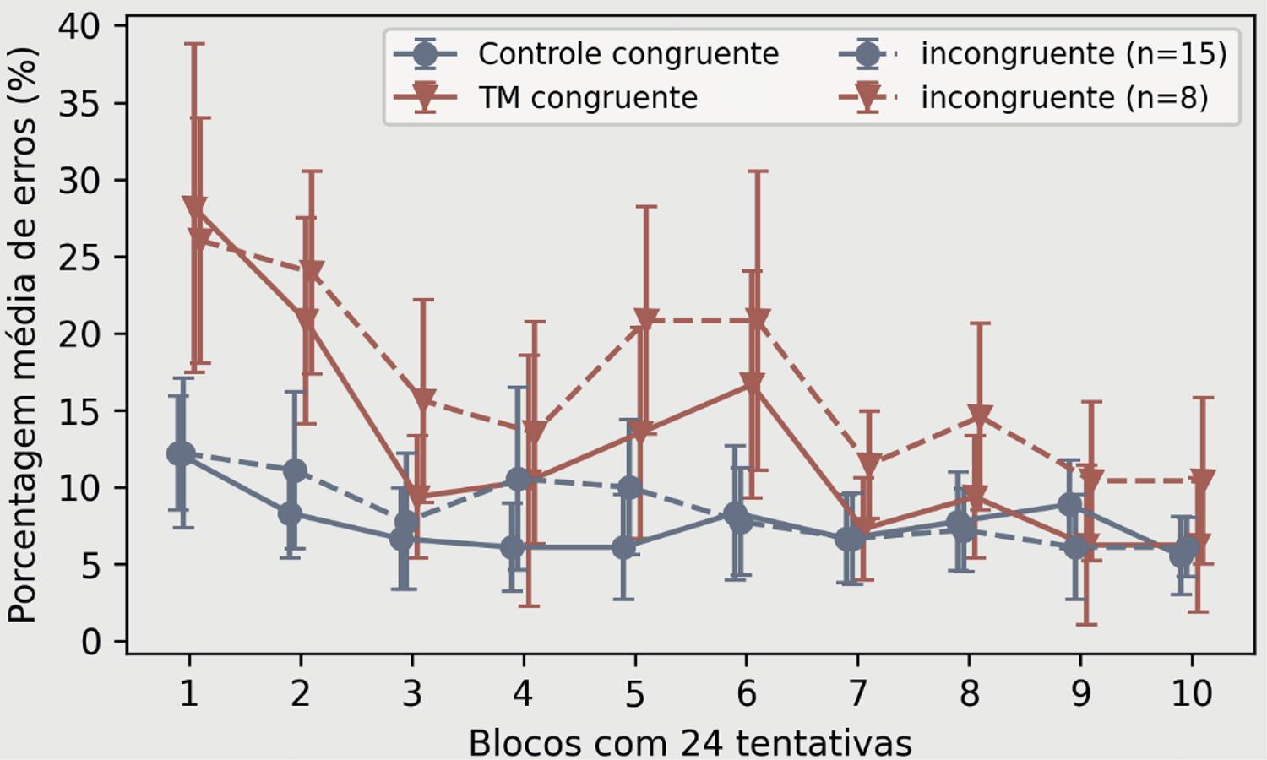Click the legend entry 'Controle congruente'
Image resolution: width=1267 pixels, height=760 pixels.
point(628,54)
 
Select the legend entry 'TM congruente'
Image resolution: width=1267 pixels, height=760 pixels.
point(588,98)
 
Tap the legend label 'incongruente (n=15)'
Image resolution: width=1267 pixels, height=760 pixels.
point(1074,54)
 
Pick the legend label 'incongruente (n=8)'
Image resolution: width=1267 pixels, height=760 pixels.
point(1064,98)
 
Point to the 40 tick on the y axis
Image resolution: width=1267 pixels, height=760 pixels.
point(79,26)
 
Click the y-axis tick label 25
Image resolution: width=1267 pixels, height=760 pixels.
point(79,257)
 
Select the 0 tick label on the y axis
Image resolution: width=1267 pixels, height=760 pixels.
point(90,642)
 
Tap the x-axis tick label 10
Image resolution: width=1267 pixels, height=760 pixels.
point(1191,694)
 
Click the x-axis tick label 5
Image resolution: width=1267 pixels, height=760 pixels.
point(634,694)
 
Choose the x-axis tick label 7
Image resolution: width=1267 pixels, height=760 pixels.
point(857,694)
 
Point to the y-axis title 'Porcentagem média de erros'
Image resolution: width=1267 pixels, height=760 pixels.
point(23,335)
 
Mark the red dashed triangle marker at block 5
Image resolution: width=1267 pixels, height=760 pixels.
point(646,320)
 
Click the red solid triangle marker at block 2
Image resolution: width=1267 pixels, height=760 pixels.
point(307,320)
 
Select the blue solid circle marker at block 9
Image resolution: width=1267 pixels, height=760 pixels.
point(1070,505)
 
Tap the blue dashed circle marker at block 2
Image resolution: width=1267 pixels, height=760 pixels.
point(295,470)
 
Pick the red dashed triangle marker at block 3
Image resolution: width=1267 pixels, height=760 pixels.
point(423,399)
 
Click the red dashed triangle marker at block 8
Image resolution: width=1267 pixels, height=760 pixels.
point(980,416)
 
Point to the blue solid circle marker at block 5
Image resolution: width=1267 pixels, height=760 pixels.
point(623,547)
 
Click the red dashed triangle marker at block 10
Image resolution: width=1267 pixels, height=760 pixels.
point(1203,480)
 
